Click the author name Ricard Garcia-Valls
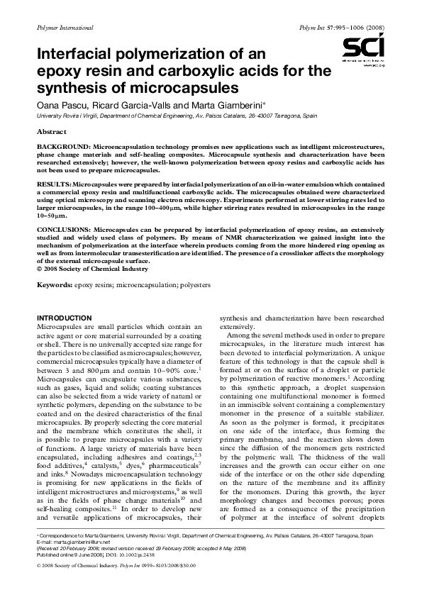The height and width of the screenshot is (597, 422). point(125,104)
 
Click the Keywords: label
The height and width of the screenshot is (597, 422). point(55,284)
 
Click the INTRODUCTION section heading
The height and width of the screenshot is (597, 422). point(64,317)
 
